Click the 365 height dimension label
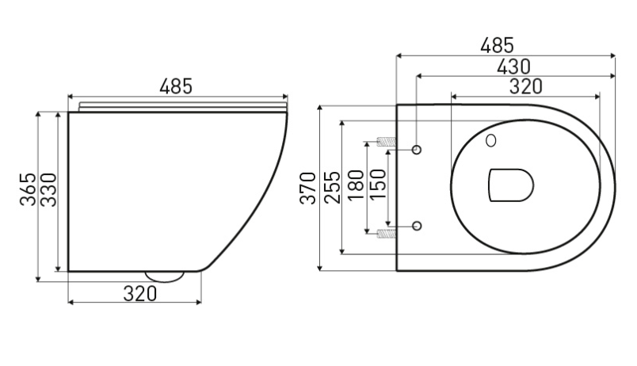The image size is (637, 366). click(x=28, y=189)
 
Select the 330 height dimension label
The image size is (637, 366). click(x=48, y=189)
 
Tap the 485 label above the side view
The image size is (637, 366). click(x=176, y=86)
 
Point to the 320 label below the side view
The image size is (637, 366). click(x=139, y=293)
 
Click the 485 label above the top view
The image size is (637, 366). click(x=497, y=45)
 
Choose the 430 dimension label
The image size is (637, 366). click(x=514, y=67)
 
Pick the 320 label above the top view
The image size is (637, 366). click(x=526, y=86)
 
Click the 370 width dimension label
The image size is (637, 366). click(x=307, y=188)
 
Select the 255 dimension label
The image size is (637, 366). click(x=332, y=187)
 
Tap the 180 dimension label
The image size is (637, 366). click(x=356, y=185)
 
